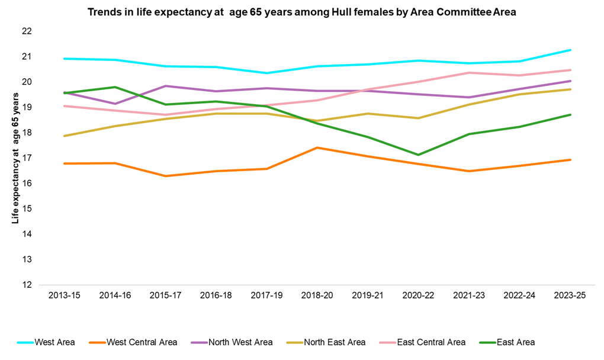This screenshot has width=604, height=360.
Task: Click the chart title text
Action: (302, 12)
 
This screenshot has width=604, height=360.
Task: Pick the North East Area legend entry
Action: (335, 342)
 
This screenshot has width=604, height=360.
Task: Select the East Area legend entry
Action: (516, 342)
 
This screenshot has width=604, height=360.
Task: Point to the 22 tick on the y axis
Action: (27, 31)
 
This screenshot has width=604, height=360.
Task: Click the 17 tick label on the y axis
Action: (27, 158)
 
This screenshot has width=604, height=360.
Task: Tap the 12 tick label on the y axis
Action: (27, 285)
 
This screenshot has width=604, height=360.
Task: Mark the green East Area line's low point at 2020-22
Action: (419, 155)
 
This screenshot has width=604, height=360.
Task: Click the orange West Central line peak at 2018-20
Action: (317, 147)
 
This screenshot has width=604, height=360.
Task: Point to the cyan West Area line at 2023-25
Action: (570, 50)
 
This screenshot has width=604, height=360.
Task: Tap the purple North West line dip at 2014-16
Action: (114, 104)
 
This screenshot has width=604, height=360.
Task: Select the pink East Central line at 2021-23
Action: (469, 73)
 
